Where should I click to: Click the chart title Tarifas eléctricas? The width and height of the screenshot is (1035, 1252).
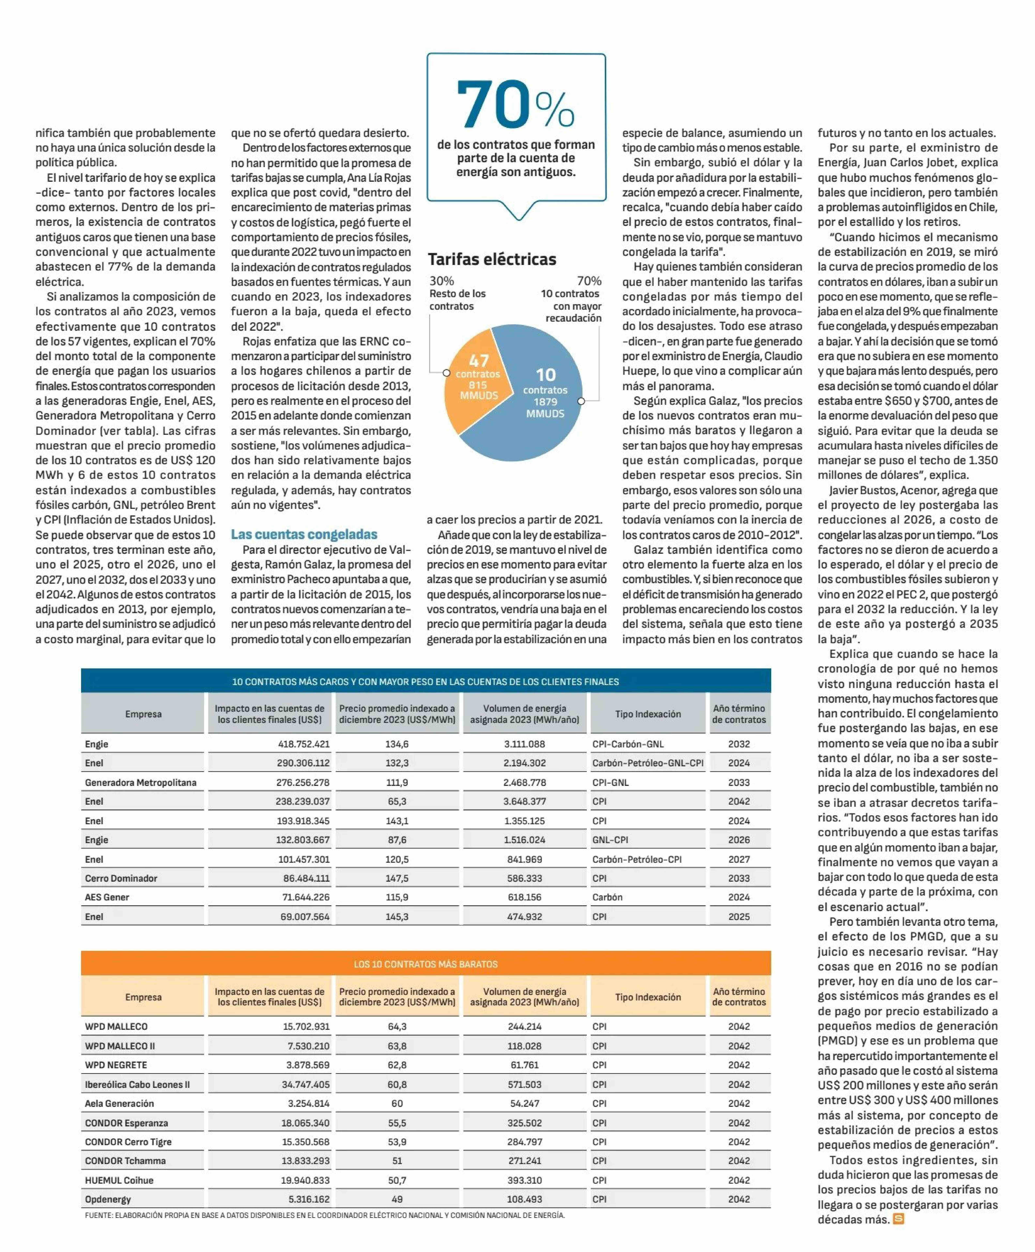click(x=492, y=259)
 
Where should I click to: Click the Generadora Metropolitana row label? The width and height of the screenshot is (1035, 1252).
click(x=141, y=782)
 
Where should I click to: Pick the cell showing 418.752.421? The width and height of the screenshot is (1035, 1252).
click(x=303, y=744)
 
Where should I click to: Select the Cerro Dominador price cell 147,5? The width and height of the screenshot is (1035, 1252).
click(x=397, y=878)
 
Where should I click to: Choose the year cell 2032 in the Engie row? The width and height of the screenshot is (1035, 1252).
click(x=739, y=744)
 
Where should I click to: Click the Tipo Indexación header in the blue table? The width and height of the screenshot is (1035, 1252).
click(x=648, y=714)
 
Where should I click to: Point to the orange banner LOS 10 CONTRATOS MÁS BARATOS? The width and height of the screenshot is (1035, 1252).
click(x=426, y=964)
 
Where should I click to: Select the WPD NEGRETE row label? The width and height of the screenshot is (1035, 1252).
click(x=116, y=1065)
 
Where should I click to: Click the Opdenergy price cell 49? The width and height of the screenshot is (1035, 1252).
click(x=397, y=1199)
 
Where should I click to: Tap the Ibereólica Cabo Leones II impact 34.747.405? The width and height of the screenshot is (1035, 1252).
click(x=305, y=1084)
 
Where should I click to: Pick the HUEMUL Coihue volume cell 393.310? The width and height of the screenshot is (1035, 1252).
click(x=525, y=1180)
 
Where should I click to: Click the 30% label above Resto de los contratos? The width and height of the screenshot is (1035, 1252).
click(x=442, y=281)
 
